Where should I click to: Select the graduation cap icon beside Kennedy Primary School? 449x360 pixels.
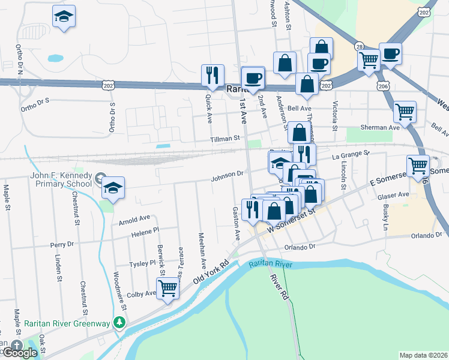click(113, 188)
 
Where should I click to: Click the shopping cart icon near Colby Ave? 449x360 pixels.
click(169, 289)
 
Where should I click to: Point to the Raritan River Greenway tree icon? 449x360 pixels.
click(119, 323)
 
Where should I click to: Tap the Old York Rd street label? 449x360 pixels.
click(212, 272)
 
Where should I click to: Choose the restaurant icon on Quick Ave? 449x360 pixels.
click(212, 76)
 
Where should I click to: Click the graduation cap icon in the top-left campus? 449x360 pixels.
click(64, 17)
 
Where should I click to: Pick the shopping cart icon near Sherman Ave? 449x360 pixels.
click(405, 111)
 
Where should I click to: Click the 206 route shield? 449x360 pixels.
click(384, 86)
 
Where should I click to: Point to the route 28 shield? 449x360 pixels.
click(359, 46)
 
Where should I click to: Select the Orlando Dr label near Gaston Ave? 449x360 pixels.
click(300, 247)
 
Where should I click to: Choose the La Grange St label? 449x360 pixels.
click(351, 155)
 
